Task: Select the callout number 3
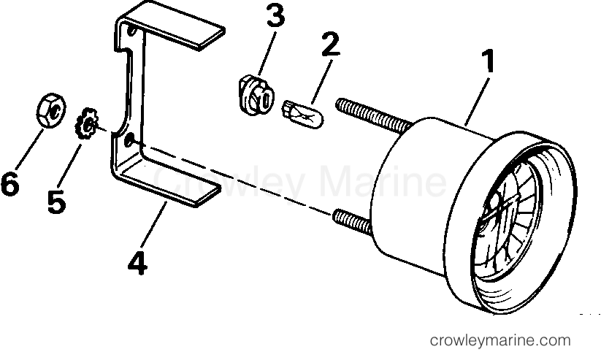pyautogui.click(x=275, y=15)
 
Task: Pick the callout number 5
pyautogui.click(x=56, y=202)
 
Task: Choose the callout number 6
pyautogui.click(x=10, y=184)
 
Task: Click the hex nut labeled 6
pyautogui.click(x=51, y=110)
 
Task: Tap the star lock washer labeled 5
pyautogui.click(x=86, y=123)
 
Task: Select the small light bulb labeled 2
pyautogui.click(x=303, y=114)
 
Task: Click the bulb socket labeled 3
pyautogui.click(x=256, y=95)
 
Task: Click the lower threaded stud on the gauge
pyautogui.click(x=351, y=221)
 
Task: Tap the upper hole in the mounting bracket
pyautogui.click(x=131, y=30)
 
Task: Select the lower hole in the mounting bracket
pyautogui.click(x=129, y=139)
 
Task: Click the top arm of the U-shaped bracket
pyautogui.click(x=172, y=26)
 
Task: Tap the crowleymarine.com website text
pyautogui.click(x=500, y=340)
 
